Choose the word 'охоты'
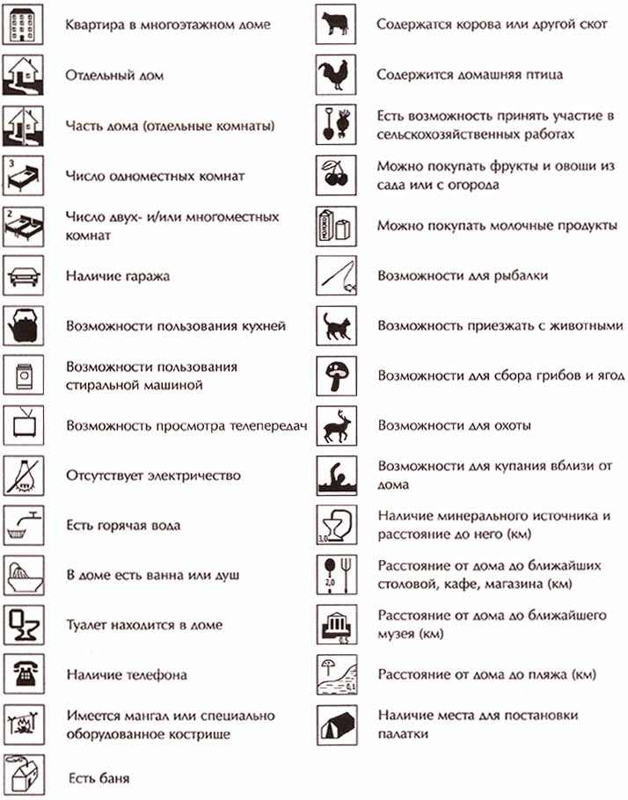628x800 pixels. tap(510, 425)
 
